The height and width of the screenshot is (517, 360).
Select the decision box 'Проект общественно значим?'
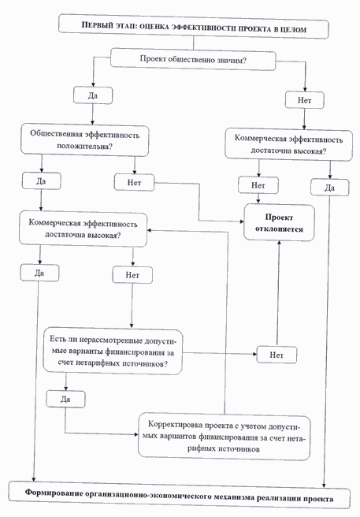coord(194,58)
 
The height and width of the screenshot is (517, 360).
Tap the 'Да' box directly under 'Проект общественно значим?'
coord(92,95)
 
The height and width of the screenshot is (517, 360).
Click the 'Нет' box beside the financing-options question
coord(276,355)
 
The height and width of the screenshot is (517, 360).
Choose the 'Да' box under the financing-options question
coord(65,400)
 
